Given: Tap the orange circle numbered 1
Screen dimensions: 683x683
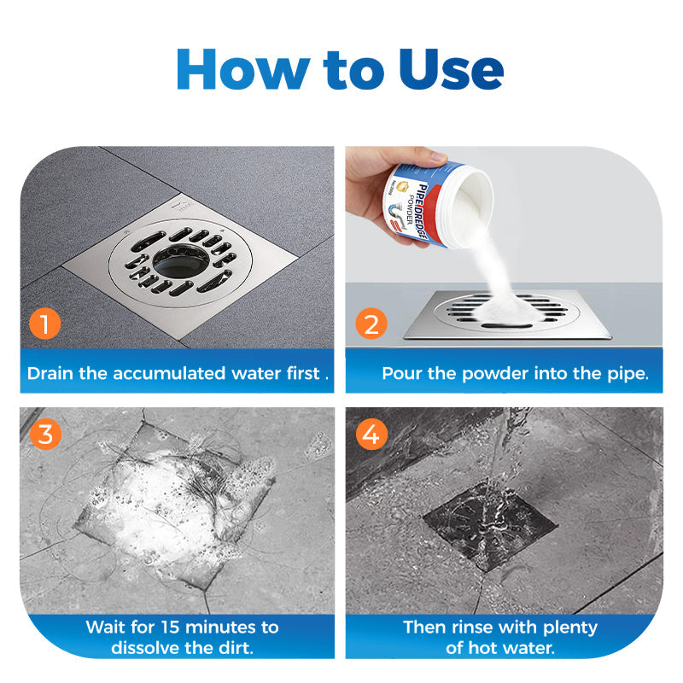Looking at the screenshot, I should click(45, 324).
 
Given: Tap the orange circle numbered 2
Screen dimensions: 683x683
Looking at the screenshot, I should click(371, 324).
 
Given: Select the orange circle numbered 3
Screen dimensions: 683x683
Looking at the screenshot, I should click(45, 434).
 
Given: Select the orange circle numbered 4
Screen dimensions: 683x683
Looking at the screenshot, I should click(371, 434).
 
